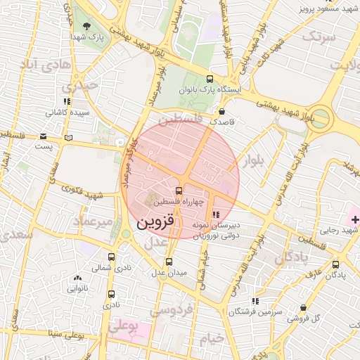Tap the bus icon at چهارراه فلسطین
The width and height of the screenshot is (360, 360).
point(180,190)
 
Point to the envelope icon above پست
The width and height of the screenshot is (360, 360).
point(44,136)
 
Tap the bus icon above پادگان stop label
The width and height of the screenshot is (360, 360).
point(335,264)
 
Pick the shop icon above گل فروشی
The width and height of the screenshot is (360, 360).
point(304,308)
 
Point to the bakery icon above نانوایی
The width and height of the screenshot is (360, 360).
point(77,278)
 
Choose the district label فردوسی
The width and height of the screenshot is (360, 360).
point(173,309)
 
